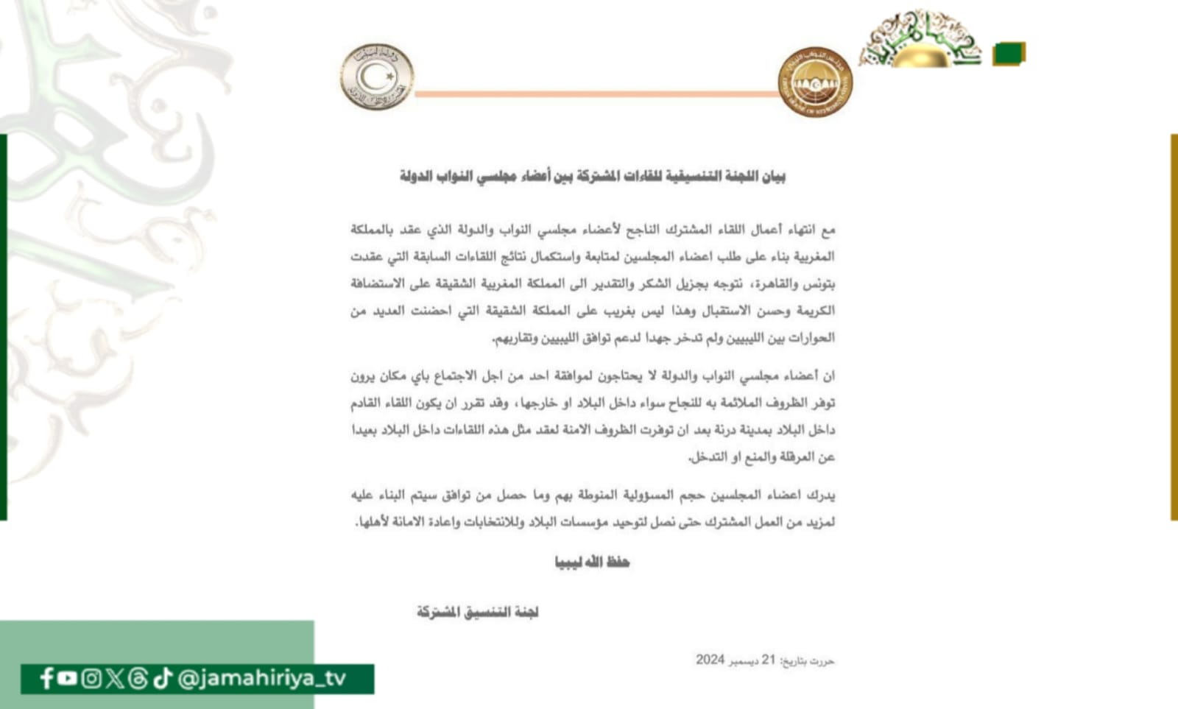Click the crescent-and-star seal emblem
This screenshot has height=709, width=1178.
(377, 77)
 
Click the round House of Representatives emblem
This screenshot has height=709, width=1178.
(815, 82)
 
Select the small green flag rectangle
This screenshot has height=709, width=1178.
(1009, 54)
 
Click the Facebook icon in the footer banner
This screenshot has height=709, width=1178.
(46, 678)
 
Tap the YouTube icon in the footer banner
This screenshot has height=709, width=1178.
(67, 678)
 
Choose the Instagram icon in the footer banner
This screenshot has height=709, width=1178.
(91, 678)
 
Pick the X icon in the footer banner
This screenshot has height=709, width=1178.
(114, 678)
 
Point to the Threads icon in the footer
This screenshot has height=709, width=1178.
(138, 678)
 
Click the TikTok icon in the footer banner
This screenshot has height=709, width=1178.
(163, 678)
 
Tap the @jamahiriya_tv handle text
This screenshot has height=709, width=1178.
(262, 678)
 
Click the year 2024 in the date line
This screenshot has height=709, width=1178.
(710, 660)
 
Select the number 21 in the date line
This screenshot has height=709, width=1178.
(769, 660)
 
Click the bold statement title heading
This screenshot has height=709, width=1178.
(593, 177)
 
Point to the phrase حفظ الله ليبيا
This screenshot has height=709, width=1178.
(592, 562)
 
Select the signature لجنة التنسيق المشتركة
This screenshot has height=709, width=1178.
(478, 612)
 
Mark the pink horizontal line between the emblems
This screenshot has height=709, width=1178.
(596, 94)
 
